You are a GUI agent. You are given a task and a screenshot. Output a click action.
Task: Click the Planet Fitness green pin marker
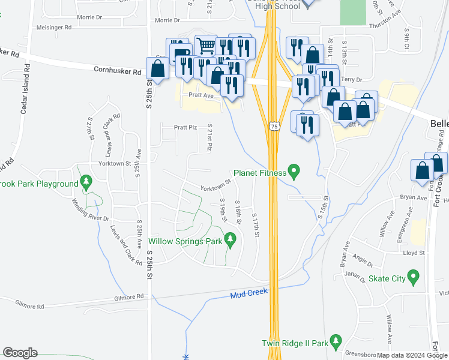[294, 173]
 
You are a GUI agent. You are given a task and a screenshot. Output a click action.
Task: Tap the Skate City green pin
[412, 277]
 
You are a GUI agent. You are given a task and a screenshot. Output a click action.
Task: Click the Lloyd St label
[413, 253]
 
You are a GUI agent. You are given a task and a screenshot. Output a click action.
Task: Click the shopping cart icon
[205, 44]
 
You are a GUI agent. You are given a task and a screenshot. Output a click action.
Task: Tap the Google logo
[20, 353]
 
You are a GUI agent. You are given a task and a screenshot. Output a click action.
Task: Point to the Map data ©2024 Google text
[412, 355]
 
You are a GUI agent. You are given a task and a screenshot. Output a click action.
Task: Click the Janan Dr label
[355, 276]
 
